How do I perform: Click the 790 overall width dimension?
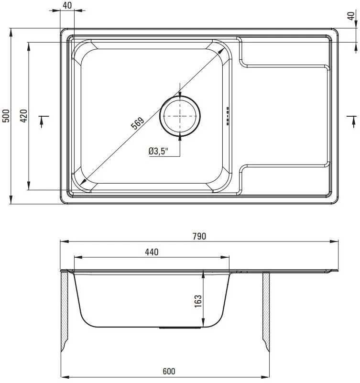click(199, 236)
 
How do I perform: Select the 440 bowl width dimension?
click(152, 252)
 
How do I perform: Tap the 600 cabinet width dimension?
click(169, 372)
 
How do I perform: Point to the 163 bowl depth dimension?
click(198, 301)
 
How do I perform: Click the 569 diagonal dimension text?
click(138, 123)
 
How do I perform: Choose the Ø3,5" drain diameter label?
click(159, 151)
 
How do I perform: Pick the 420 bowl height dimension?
click(24, 116)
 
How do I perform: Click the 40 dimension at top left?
click(67, 5)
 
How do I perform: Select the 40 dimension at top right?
click(351, 16)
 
